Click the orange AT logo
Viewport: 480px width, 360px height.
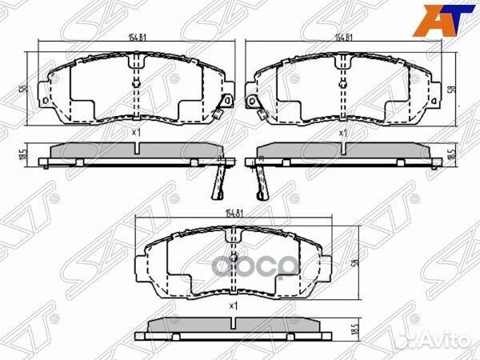coord(445,20)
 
